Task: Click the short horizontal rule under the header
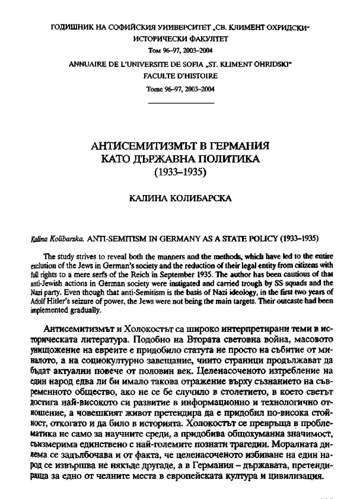(x=180, y=103)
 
